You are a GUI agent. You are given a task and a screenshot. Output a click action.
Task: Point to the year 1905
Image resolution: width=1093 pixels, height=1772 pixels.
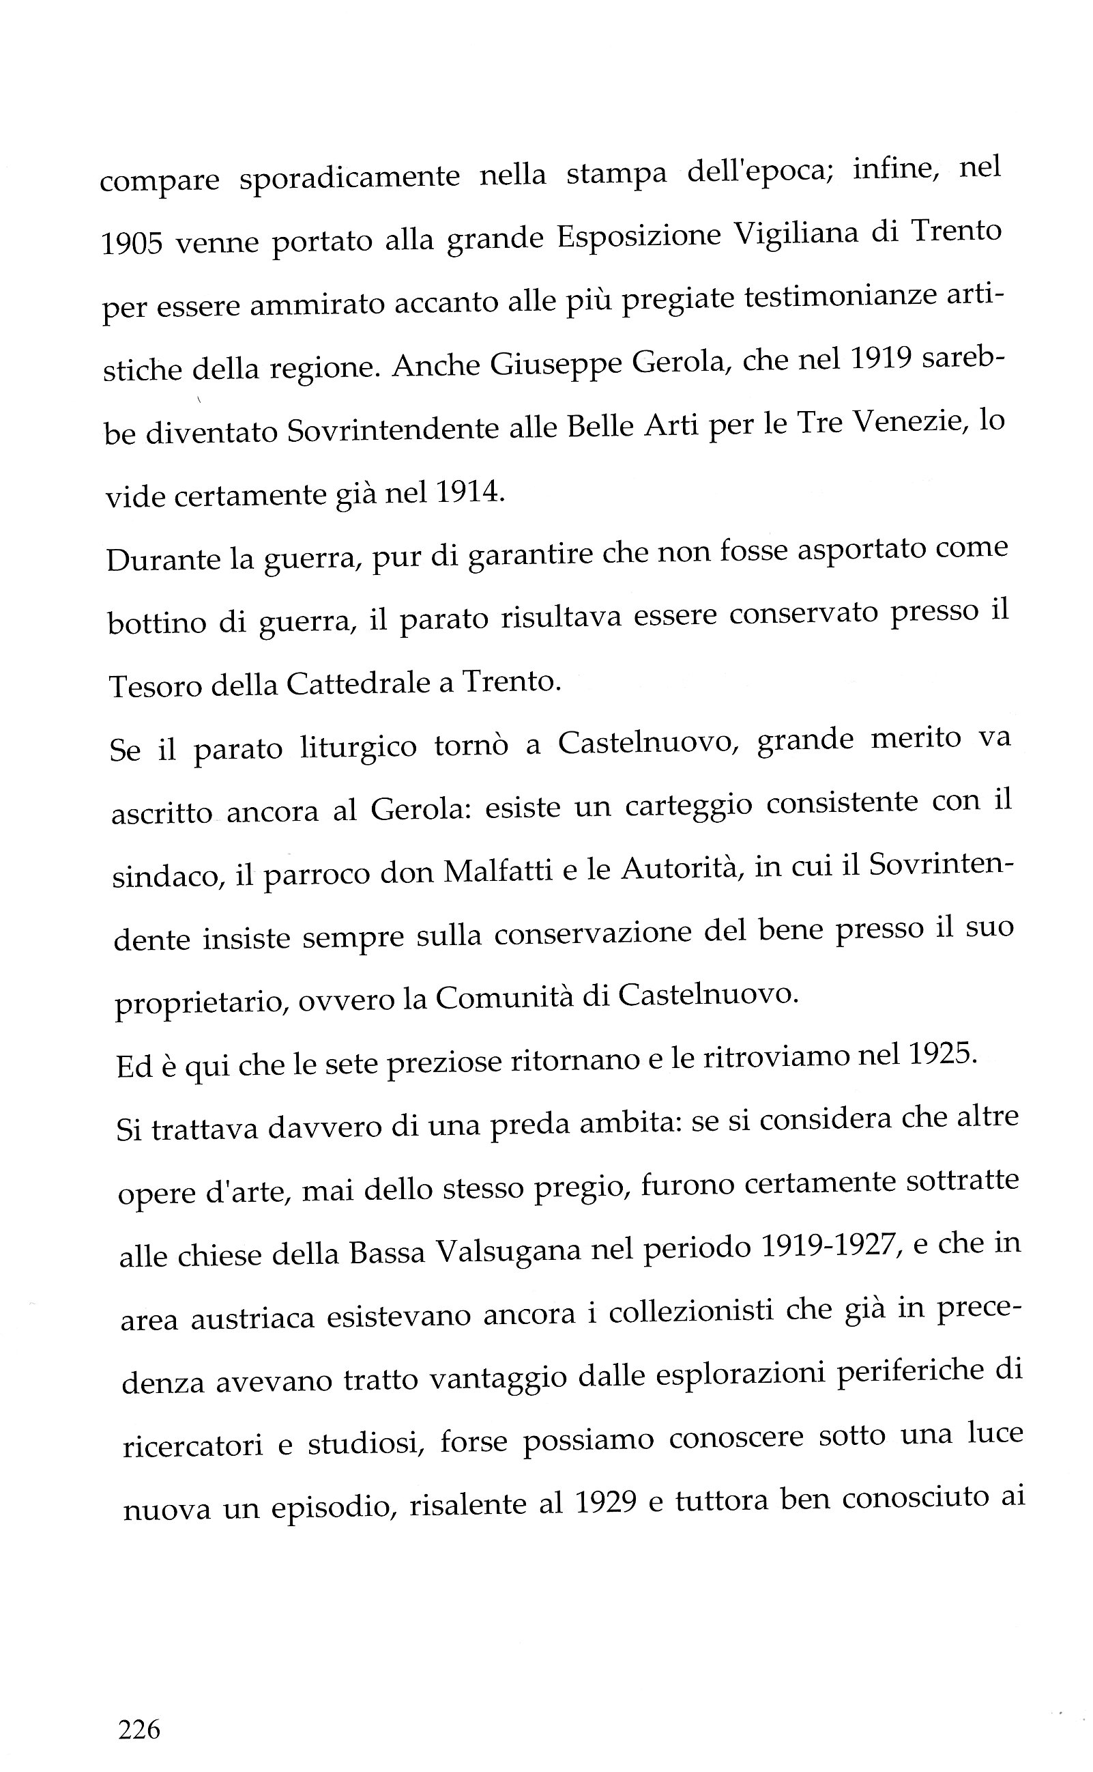(x=131, y=243)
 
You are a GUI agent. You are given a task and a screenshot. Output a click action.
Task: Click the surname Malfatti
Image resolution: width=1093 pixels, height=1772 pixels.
(x=499, y=871)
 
